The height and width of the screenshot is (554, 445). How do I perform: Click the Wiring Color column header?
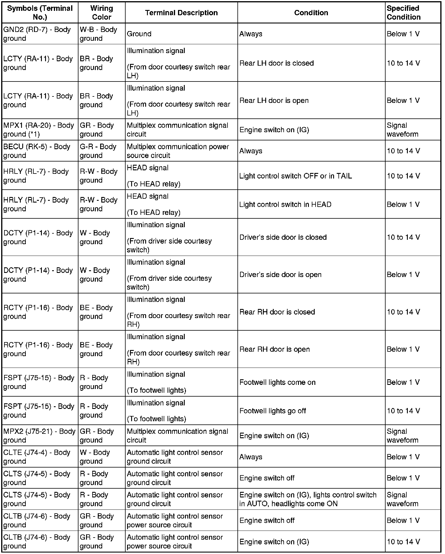click(x=101, y=13)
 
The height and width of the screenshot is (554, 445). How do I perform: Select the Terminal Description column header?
click(x=181, y=13)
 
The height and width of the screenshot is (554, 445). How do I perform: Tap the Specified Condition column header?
click(x=403, y=13)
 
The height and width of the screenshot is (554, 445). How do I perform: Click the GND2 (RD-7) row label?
click(x=37, y=34)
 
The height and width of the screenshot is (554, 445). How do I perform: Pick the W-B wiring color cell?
click(x=98, y=34)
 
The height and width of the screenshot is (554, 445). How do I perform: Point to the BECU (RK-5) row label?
click(x=37, y=151)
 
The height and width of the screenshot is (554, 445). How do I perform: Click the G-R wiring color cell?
click(x=98, y=151)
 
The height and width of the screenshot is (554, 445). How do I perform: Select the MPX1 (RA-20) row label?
click(x=39, y=130)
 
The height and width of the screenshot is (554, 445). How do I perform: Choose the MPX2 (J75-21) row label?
click(x=40, y=436)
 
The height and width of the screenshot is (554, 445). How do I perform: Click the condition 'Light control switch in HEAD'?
click(x=285, y=204)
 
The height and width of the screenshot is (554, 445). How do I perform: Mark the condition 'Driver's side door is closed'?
click(x=283, y=237)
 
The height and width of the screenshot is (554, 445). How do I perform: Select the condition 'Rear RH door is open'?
click(x=274, y=349)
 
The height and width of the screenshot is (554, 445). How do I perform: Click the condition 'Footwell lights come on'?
click(x=277, y=382)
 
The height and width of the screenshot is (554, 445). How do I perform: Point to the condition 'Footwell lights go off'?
click(x=273, y=411)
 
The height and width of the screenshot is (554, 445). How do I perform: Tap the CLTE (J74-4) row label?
click(x=37, y=457)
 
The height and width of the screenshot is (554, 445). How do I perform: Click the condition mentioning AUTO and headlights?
click(x=308, y=499)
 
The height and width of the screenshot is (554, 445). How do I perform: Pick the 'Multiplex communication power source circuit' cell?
click(x=178, y=151)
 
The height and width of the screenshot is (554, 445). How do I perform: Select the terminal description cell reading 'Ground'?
click(x=139, y=34)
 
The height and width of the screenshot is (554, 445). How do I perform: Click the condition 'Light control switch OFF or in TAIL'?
click(x=295, y=176)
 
